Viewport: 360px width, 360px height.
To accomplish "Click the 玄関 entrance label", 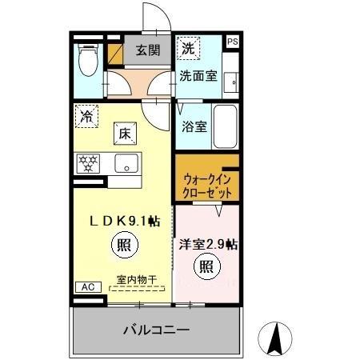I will pos(147,51).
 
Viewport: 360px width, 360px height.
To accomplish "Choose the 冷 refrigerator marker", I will pos(86,117).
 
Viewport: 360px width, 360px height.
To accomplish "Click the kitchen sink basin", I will pos(126,164).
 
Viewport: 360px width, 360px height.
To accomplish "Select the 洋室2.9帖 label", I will pos(207,244).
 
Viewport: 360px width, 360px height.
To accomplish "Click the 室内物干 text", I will pos(137,279).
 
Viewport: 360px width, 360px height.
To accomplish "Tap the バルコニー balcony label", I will pos(156,330).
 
